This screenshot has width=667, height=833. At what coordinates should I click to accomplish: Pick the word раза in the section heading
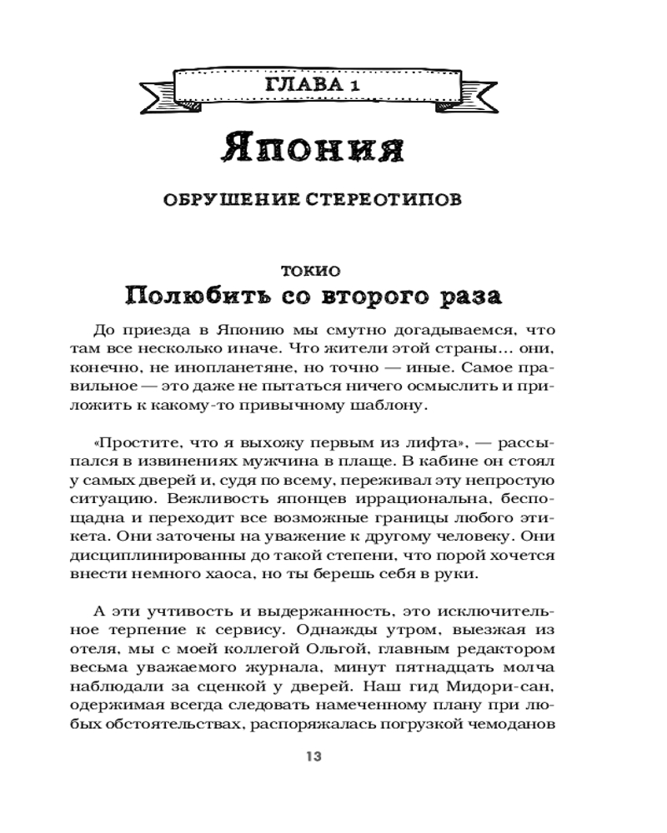click(467, 295)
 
